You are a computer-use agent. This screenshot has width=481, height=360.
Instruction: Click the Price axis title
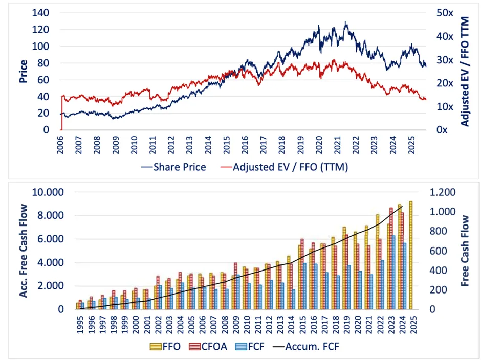tap(23, 72)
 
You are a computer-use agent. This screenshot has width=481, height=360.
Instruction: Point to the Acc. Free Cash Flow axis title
tap(23, 251)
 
